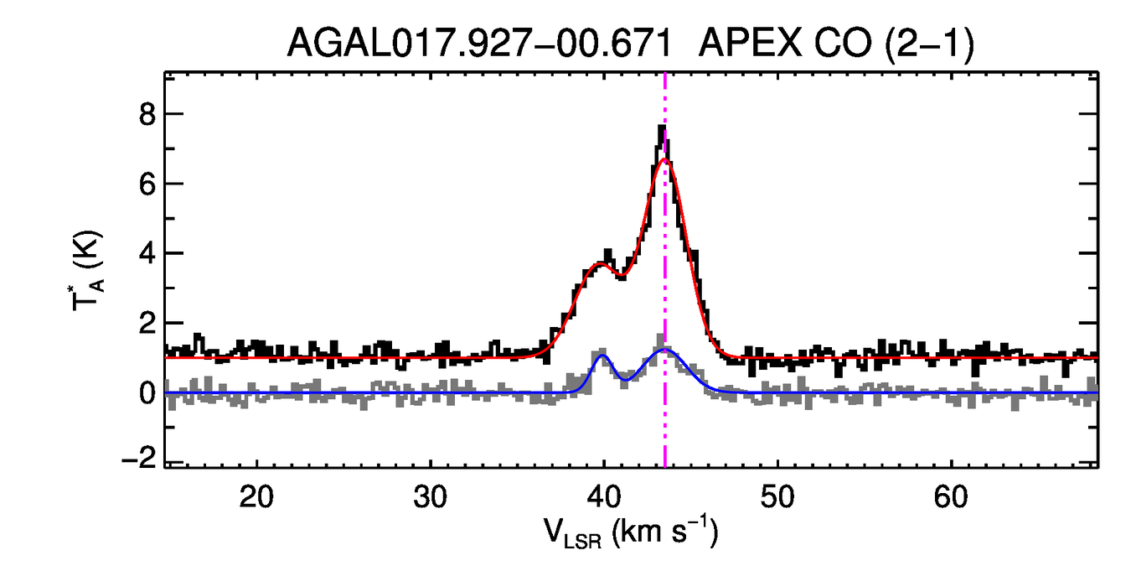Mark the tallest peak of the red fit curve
pos(664,159)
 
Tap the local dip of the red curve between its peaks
pos(621,276)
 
